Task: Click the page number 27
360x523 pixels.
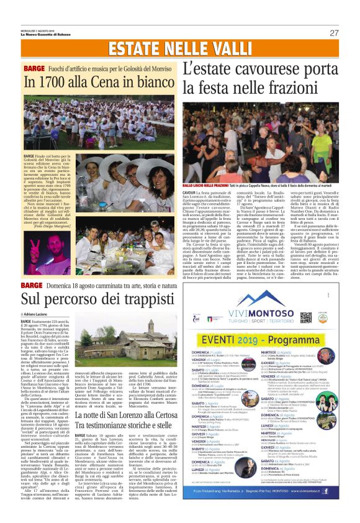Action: pos(334,33)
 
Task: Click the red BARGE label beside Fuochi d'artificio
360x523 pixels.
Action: pos(34,66)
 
